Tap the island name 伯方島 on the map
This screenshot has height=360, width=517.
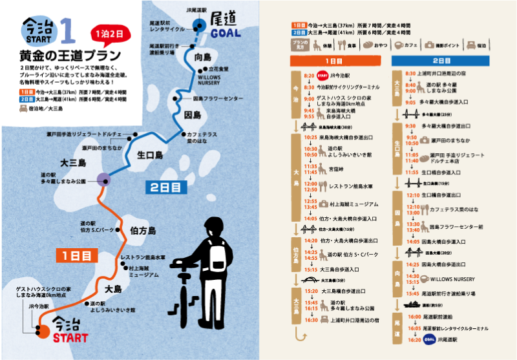click(x=142, y=231)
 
